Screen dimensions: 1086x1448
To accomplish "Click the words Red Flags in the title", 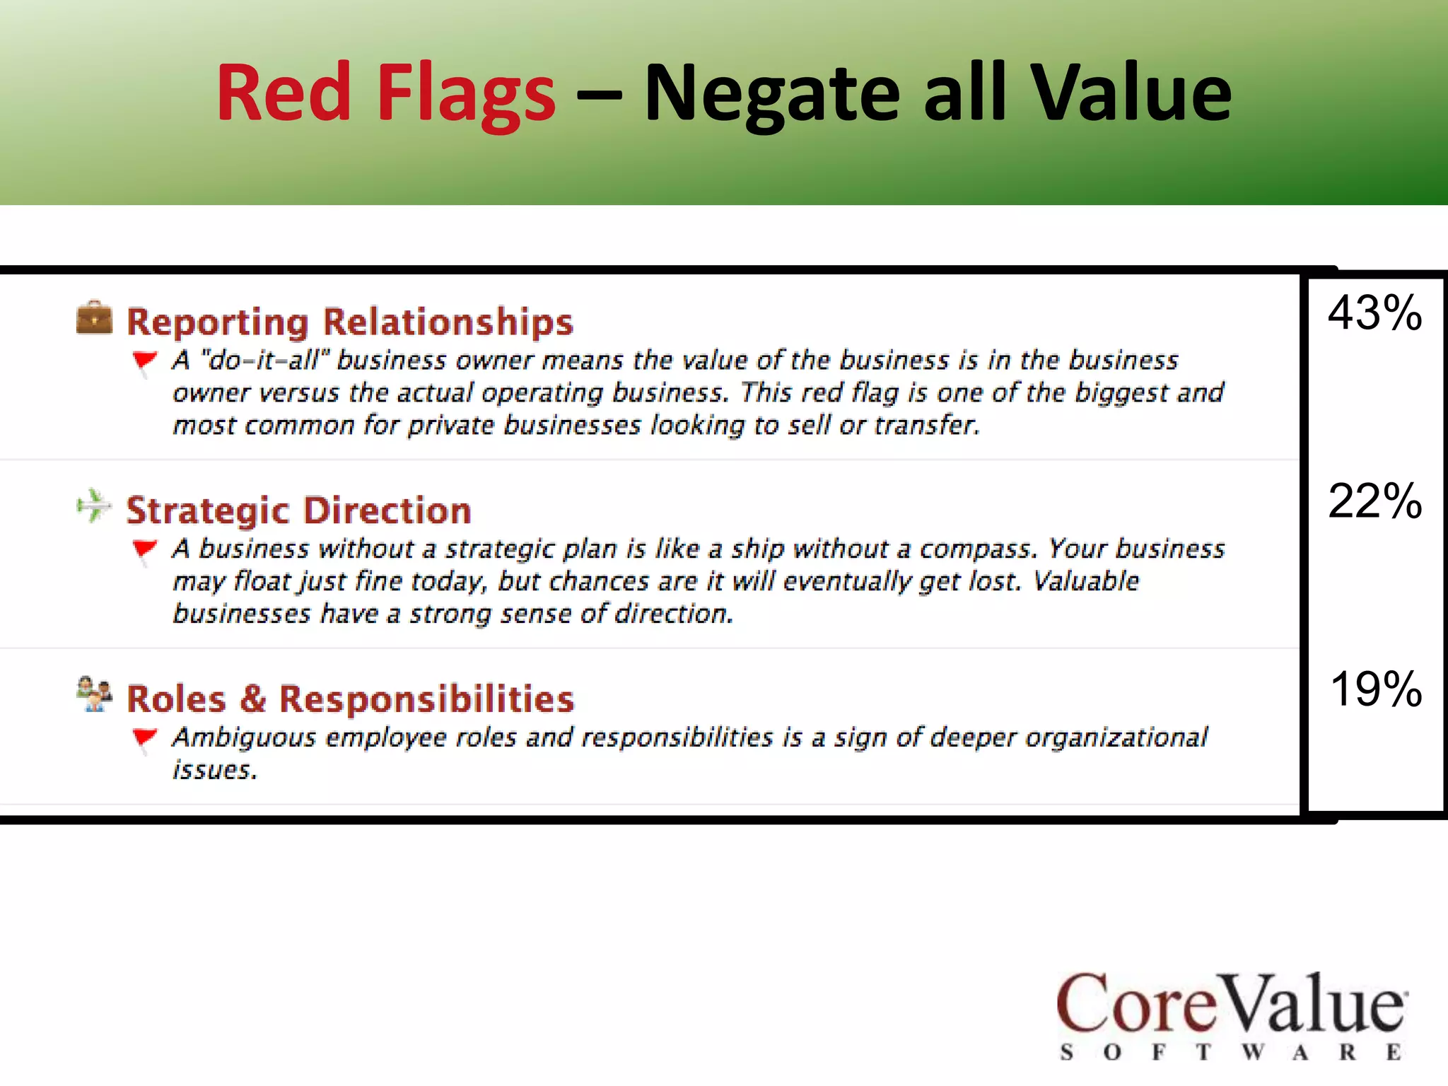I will (x=385, y=93).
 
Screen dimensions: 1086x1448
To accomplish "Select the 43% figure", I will (x=1374, y=313).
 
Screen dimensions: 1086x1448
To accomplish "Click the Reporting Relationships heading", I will (x=349, y=322).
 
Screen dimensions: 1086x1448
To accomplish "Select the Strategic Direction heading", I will (x=298, y=510).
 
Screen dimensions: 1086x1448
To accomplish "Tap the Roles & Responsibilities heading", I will (x=350, y=699).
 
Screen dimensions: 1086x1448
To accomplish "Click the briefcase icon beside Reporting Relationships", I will (x=94, y=317).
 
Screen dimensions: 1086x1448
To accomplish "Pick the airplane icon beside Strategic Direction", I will (x=94, y=506).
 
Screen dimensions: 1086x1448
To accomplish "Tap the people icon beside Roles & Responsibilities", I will (x=94, y=694).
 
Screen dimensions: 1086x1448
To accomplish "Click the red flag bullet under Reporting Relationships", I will (x=144, y=361).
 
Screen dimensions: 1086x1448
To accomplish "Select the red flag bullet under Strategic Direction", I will (x=144, y=549).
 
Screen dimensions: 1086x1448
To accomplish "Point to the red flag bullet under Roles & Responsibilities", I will (x=144, y=738).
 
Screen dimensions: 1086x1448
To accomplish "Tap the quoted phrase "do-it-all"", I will (x=266, y=361).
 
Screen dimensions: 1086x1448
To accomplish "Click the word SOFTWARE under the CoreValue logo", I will (x=1230, y=1052).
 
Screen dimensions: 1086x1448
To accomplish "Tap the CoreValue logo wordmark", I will (x=1230, y=1004).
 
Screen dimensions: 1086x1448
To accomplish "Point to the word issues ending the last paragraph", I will (x=214, y=770).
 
